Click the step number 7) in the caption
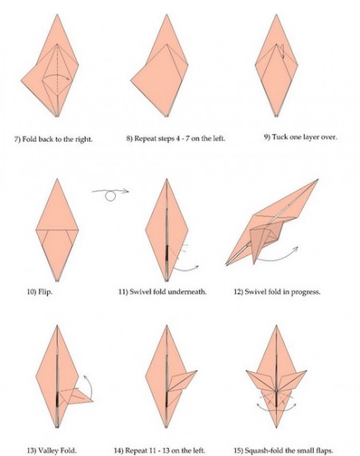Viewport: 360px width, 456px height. [17, 138]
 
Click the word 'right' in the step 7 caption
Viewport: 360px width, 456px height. [84, 139]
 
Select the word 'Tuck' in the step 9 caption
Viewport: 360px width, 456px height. [279, 137]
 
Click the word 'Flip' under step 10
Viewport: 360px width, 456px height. [45, 292]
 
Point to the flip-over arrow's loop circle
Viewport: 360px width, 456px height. [110, 197]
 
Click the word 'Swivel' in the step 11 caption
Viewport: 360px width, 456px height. [139, 291]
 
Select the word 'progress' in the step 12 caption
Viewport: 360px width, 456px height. [307, 292]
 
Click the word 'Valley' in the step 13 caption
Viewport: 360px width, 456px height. [48, 450]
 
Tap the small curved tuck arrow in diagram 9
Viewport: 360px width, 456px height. [282, 51]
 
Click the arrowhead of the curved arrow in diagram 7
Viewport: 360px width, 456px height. [68, 78]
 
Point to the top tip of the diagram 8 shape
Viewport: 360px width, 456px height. [166, 14]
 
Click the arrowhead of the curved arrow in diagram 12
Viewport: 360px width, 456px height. [296, 248]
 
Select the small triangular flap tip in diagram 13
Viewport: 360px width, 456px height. [93, 402]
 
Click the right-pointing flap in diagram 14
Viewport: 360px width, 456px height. [182, 381]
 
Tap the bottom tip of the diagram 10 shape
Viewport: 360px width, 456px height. [57, 280]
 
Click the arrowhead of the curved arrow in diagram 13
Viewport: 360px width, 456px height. [86, 377]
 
